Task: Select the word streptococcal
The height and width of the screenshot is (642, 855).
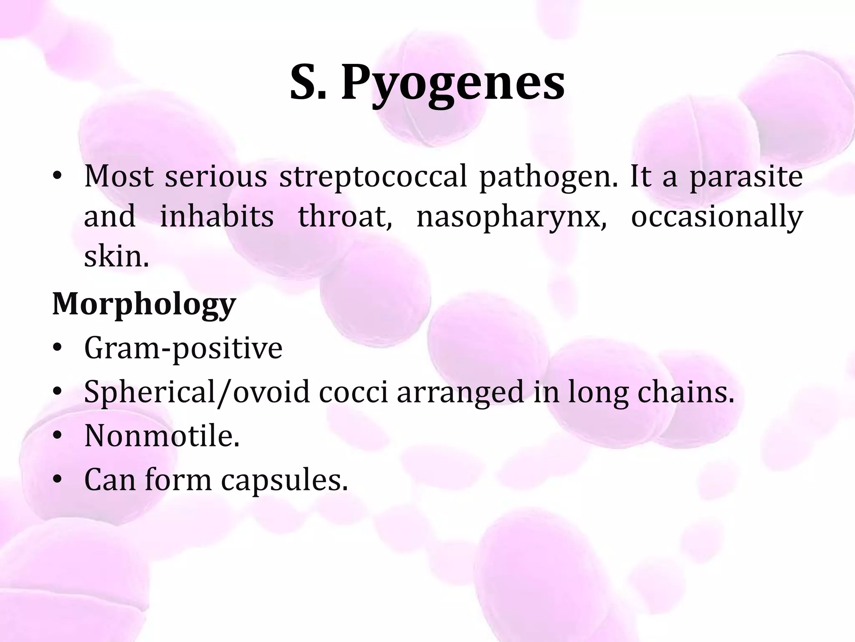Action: point(373,177)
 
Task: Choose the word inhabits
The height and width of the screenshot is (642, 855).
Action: point(217,217)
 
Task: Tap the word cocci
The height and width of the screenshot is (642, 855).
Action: point(354,393)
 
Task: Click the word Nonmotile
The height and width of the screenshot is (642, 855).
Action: point(162,436)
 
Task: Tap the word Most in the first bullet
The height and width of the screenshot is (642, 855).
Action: point(119,177)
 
